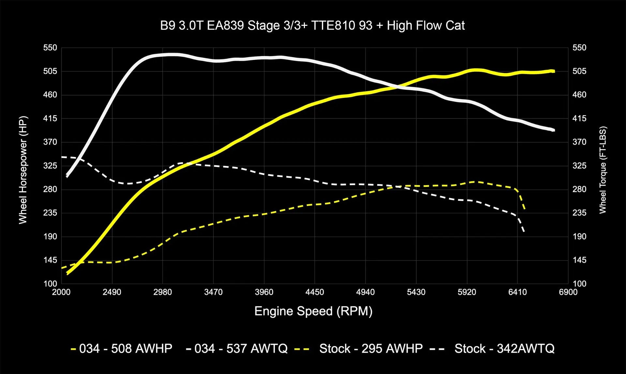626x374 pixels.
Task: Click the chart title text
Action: point(312,26)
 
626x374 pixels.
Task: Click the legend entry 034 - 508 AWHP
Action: point(126,349)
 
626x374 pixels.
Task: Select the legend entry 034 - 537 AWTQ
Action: point(241,349)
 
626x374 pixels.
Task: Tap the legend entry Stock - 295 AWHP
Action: point(371,349)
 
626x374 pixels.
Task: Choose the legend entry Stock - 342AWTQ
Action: point(504,349)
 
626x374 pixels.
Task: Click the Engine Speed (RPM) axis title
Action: point(313,311)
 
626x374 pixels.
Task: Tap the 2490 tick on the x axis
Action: point(112,292)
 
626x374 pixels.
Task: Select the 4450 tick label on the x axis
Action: point(315,292)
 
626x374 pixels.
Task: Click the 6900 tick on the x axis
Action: point(568,292)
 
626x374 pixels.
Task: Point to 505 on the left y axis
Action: point(50,71)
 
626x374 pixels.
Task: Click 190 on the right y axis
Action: point(579,236)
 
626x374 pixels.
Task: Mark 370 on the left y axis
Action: point(50,142)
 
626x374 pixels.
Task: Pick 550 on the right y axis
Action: point(579,48)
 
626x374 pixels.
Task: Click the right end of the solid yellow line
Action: point(554,71)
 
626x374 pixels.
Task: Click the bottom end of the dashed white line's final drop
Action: point(524,232)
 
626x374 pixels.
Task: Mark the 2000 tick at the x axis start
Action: point(61,292)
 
